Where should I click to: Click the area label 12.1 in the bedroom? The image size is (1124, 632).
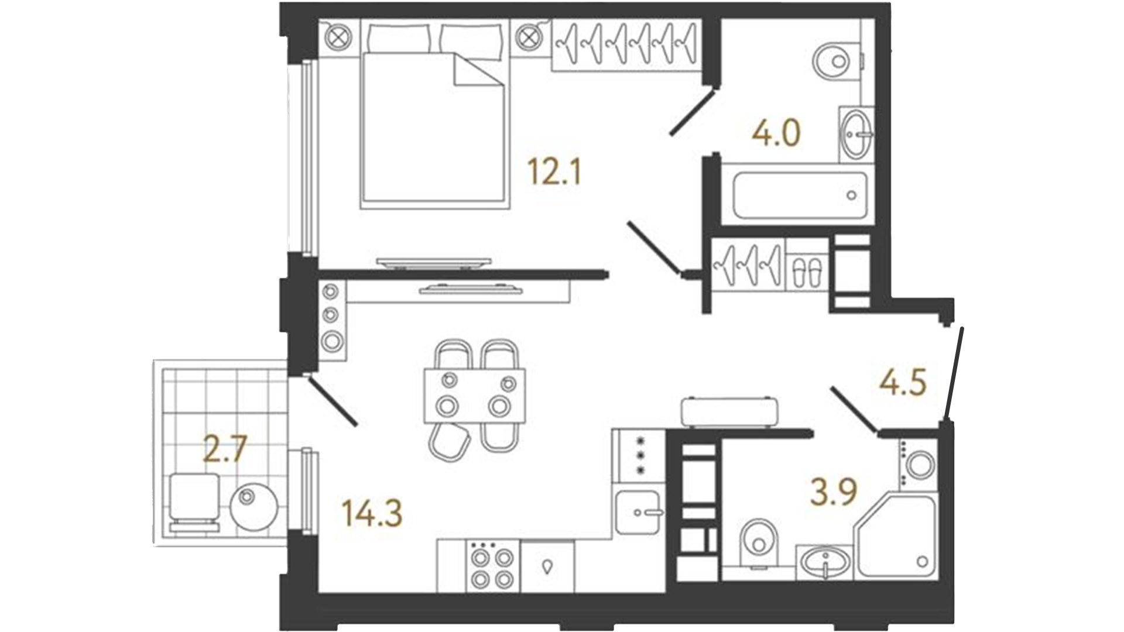554,172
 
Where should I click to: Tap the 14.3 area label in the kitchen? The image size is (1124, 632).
373,514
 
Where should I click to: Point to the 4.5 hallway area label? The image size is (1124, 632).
903,383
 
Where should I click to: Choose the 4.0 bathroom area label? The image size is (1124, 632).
776,133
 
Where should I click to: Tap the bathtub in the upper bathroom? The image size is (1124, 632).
798,195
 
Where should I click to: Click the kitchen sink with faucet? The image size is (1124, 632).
639,511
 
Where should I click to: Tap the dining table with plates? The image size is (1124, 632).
475,394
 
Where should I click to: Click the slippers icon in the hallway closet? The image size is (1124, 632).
806,272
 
